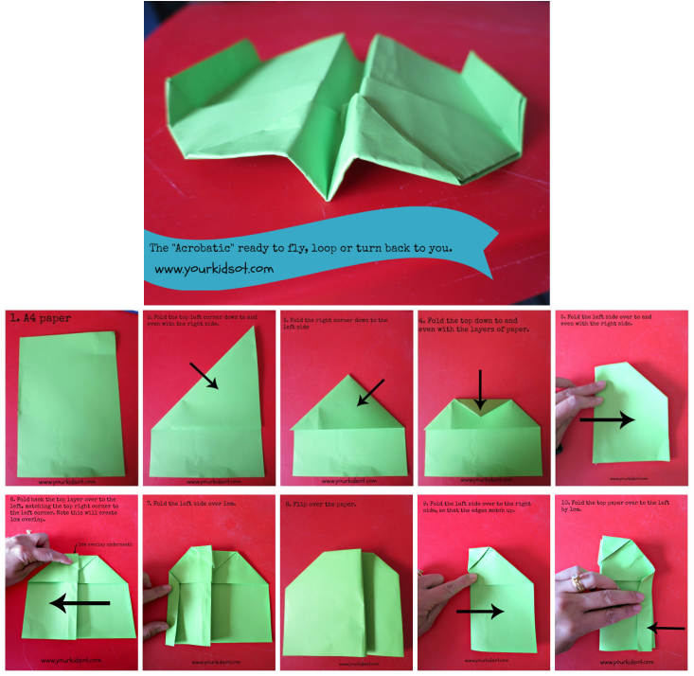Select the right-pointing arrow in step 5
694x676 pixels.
pyautogui.click(x=607, y=420)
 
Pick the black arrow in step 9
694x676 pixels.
pyautogui.click(x=481, y=613)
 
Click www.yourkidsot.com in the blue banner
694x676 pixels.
pyautogui.click(x=213, y=269)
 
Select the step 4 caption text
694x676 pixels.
pyautogui.click(x=473, y=324)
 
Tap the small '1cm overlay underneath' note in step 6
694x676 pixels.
pyautogui.click(x=101, y=546)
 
